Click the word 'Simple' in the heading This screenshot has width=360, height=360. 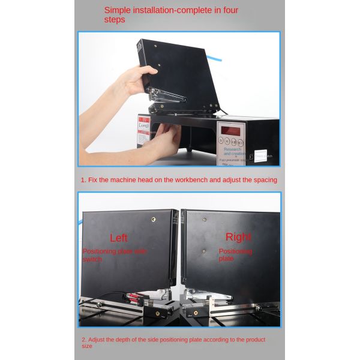click(119, 10)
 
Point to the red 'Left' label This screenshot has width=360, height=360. click(119, 238)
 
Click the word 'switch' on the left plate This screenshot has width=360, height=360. click(92, 259)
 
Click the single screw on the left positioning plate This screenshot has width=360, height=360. click(155, 220)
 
